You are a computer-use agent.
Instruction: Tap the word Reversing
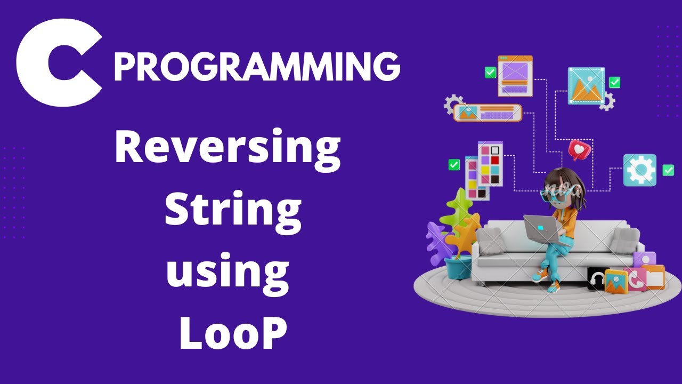pyautogui.click(x=228, y=149)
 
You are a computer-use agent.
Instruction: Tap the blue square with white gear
pyautogui.click(x=639, y=170)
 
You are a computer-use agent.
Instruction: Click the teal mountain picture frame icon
pyautogui.click(x=586, y=85)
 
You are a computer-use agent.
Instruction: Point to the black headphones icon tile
pyautogui.click(x=597, y=278)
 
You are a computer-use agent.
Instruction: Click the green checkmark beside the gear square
pyautogui.click(x=668, y=170)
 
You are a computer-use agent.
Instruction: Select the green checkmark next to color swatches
pyautogui.click(x=454, y=165)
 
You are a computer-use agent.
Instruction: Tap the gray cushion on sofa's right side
pyautogui.click(x=624, y=239)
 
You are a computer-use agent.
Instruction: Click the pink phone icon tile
pyautogui.click(x=635, y=279)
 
